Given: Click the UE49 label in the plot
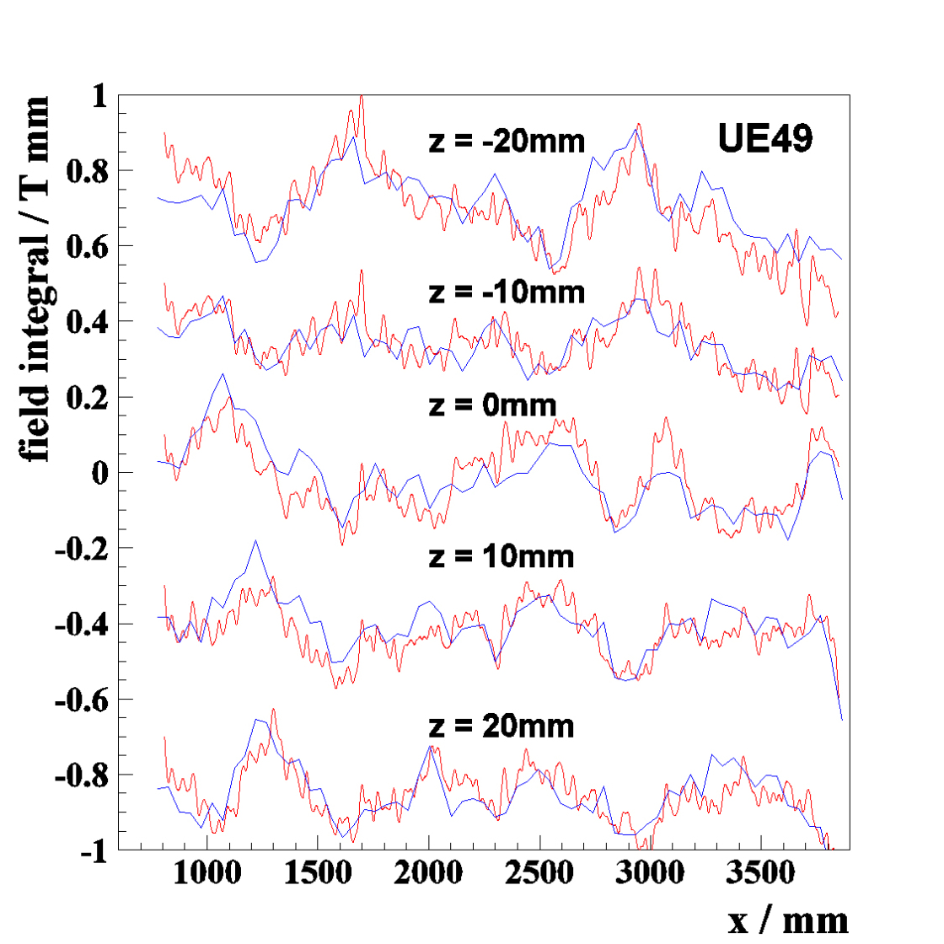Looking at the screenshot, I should pos(764,139).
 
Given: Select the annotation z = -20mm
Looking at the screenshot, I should pos(507,140).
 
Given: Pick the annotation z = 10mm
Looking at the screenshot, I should pos(501,556).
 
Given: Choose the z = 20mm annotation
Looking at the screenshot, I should pos(501,726).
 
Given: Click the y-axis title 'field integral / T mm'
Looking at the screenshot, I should pos(35,278).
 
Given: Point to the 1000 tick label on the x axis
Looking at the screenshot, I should pos(206,873).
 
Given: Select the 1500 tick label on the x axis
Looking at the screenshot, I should pos(318,873).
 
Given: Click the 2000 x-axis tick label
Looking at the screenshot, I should pos(429,873).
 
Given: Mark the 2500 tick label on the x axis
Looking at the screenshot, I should pos(539,873).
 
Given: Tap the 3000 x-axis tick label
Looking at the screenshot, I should pos(651,873).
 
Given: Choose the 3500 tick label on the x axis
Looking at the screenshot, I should pos(761,873).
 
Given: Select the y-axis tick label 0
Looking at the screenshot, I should pos(100,473).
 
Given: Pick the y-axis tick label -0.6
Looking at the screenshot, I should pos(82,700).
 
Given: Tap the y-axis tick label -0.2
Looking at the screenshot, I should pos(82,549).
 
